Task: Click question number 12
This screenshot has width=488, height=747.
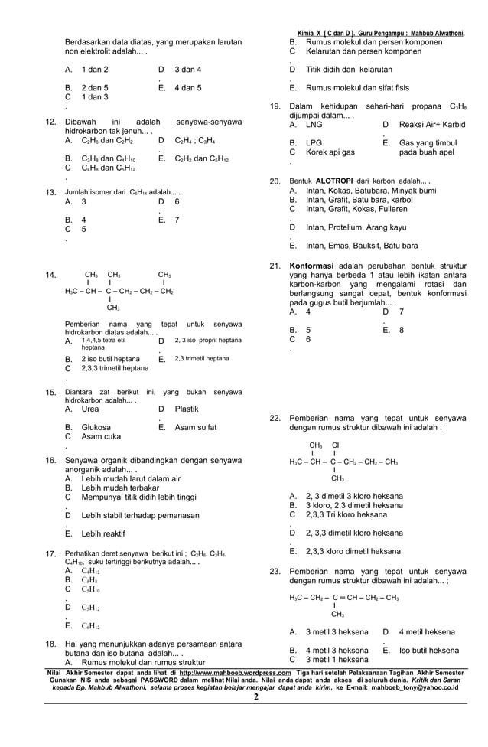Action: [x=50, y=122]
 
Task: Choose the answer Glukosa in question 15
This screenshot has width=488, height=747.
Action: [x=96, y=427]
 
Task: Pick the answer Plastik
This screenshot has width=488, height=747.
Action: [x=187, y=409]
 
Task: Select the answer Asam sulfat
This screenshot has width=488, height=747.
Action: [x=195, y=427]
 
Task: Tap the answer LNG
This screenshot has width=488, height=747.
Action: [x=314, y=124]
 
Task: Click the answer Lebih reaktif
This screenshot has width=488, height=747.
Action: [x=103, y=533]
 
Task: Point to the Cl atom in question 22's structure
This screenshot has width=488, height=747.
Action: [x=335, y=445]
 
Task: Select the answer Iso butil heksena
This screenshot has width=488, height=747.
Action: [x=429, y=650]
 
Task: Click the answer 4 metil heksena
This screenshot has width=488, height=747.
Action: [x=427, y=632]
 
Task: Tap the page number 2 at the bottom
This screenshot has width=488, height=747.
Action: [x=255, y=697]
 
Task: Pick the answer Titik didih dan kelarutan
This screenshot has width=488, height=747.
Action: [x=349, y=69]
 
